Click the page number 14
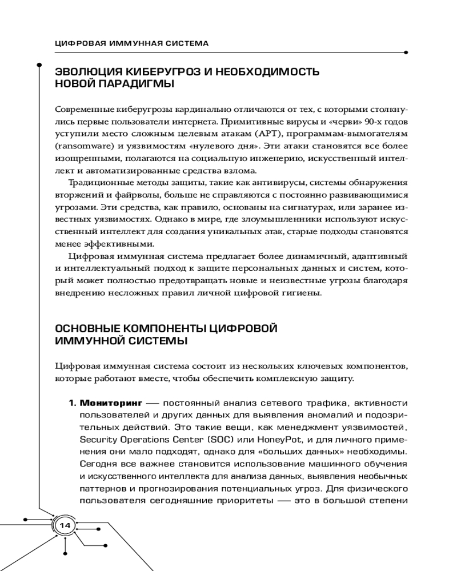coord(63,525)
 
